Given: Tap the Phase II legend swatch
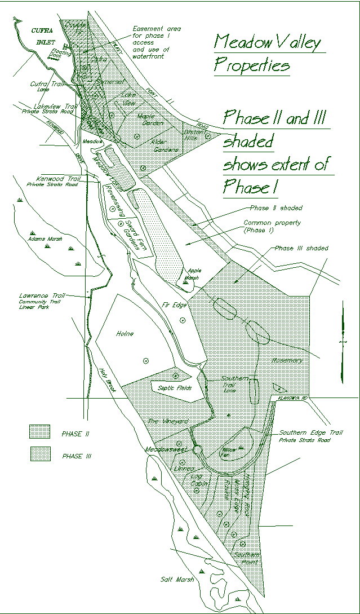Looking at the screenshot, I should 39,432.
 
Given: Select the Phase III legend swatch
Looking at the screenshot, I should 39,454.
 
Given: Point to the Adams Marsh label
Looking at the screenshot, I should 44,238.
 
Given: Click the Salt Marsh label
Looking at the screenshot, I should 176,580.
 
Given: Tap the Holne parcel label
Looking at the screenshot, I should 125,334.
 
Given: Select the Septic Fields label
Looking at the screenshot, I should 175,388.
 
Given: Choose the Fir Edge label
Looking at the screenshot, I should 174,304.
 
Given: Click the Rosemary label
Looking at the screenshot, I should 287,360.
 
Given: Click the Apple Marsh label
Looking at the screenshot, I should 194,274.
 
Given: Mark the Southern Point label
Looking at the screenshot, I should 247,558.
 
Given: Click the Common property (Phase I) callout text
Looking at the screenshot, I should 272,226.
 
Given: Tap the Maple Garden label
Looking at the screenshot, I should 150,118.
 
